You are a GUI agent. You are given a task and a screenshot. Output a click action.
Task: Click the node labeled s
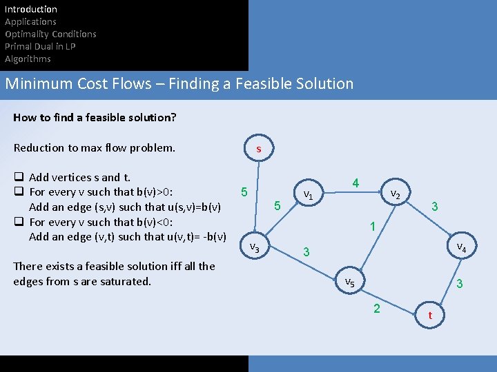coord(258,149)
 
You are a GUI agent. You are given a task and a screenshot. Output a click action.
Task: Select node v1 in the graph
coord(309,196)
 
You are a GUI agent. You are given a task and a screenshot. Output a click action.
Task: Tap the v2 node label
coord(396,194)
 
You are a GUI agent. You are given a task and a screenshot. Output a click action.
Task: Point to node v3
coord(254,247)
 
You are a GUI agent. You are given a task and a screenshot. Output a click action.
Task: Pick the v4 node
coord(460,247)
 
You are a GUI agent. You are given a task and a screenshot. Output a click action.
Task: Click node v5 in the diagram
coord(350,282)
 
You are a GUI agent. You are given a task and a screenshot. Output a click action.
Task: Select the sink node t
coord(431,316)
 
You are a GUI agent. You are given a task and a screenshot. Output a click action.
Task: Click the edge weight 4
coord(355,183)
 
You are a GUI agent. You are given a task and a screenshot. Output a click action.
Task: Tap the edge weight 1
coord(372,227)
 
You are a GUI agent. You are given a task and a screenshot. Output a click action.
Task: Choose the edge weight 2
coord(376,308)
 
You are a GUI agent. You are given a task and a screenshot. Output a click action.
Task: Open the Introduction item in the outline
coord(31,9)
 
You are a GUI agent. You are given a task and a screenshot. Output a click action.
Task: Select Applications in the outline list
coord(30,21)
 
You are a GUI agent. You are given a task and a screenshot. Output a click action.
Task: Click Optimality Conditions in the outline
coord(50,34)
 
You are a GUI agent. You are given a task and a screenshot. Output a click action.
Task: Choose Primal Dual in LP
coord(40,46)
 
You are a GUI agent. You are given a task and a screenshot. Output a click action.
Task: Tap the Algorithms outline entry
coord(28,59)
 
